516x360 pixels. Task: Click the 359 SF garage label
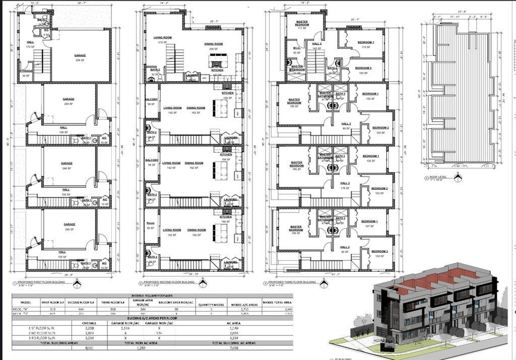80,57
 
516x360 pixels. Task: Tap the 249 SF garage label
69,101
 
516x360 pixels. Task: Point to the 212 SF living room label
163,39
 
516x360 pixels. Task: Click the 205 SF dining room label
213,46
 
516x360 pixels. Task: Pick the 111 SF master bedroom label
302,25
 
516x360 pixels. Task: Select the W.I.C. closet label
296,50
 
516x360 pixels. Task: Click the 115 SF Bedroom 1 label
366,44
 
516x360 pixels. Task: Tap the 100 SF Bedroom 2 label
363,70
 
